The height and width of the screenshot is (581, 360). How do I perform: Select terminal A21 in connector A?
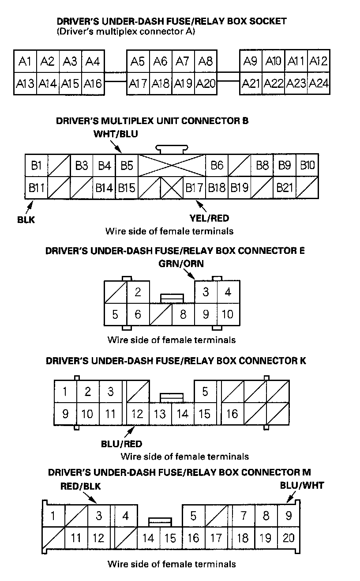coord(251,83)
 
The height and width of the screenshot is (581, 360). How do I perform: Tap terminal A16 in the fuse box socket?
coord(93,83)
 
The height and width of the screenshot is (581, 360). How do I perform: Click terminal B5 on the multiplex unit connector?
coord(127,166)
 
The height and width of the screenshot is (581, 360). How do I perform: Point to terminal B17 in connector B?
coord(194,188)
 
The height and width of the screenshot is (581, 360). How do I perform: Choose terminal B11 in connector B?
coord(37,188)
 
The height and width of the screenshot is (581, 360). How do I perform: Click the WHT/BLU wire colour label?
coord(116,134)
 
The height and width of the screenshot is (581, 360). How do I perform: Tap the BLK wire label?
coord(26,219)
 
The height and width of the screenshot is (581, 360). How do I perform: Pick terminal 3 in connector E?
coord(206,292)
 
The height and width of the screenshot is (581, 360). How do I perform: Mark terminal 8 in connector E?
coord(183,315)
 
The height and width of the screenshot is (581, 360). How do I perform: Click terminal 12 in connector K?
coord(138,414)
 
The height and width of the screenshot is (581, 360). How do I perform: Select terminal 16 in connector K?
coord(232,414)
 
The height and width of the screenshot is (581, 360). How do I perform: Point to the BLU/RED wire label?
coord(121,444)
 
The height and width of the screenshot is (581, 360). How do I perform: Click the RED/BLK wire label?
coord(81,486)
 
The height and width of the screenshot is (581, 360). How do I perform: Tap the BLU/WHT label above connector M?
coord(302,485)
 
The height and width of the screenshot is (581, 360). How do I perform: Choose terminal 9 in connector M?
coord(289,515)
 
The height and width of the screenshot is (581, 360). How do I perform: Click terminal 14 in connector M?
coord(148,538)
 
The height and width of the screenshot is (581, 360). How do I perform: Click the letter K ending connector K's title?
coord(302,361)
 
